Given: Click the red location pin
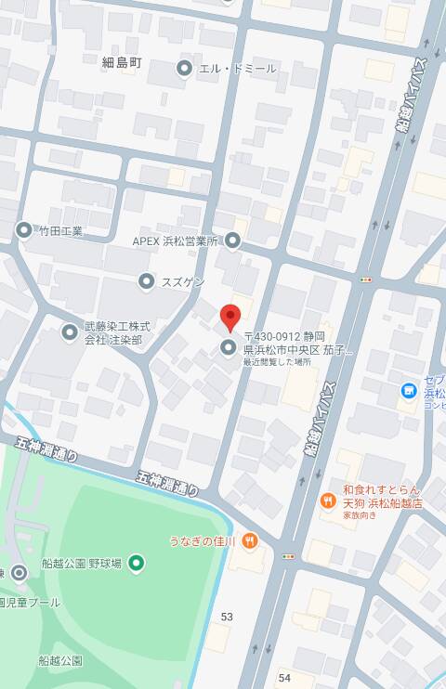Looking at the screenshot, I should pyautogui.click(x=230, y=318).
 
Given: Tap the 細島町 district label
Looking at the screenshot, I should pyautogui.click(x=122, y=62).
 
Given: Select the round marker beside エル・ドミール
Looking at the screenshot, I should pyautogui.click(x=184, y=68).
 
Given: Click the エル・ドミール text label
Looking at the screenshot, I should pyautogui.click(x=239, y=68).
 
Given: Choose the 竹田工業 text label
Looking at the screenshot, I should pyautogui.click(x=60, y=230).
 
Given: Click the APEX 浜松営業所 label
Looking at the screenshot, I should pyautogui.click(x=175, y=240).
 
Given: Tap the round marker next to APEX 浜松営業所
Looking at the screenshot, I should pyautogui.click(x=232, y=241).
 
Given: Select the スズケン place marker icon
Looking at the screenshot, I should pyautogui.click(x=146, y=280).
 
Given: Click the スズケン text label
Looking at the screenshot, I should pyautogui.click(x=183, y=280).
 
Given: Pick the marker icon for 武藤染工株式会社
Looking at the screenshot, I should pyautogui.click(x=70, y=331).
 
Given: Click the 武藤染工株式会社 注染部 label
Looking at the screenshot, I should pyautogui.click(x=118, y=333).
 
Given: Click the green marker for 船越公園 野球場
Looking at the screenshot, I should pyautogui.click(x=137, y=562).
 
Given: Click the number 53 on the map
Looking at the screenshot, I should pyautogui.click(x=228, y=617).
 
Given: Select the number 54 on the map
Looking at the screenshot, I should pyautogui.click(x=283, y=679).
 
